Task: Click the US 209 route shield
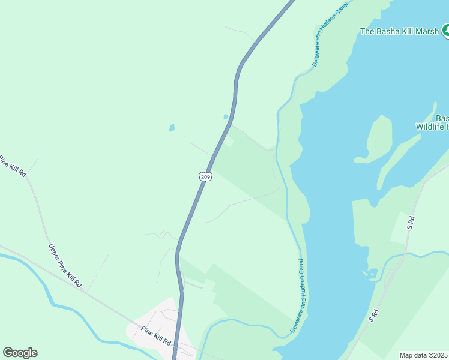pyautogui.click(x=205, y=176)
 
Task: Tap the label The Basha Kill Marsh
pyautogui.click(x=399, y=31)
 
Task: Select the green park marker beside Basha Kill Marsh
pyautogui.click(x=446, y=30)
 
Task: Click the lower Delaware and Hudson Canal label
pyautogui.click(x=298, y=296)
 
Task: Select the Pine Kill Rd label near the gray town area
pyautogui.click(x=157, y=335)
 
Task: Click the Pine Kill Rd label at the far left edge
pyautogui.click(x=12, y=166)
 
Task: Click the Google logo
pyautogui.click(x=20, y=353)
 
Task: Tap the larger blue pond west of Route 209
pyautogui.click(x=172, y=128)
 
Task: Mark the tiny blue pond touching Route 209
pyautogui.click(x=226, y=117)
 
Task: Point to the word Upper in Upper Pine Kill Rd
pyautogui.click(x=56, y=251)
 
